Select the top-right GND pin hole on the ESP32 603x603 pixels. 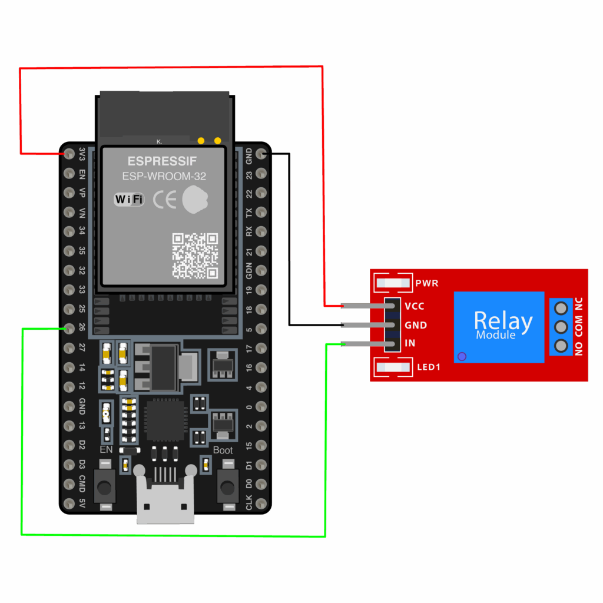click(261, 154)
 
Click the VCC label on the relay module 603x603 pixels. click(414, 306)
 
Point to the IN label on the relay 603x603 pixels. click(410, 343)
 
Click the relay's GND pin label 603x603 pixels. click(415, 324)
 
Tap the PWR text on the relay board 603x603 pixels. click(426, 283)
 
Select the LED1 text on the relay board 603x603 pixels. click(429, 367)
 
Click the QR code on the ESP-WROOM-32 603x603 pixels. click(195, 256)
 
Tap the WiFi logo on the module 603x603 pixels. click(129, 200)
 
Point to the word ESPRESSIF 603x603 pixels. click(163, 161)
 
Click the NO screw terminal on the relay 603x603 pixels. click(561, 345)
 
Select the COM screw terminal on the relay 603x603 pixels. click(561, 326)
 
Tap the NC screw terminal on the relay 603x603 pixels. click(561, 307)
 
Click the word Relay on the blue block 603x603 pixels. click(503, 321)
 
